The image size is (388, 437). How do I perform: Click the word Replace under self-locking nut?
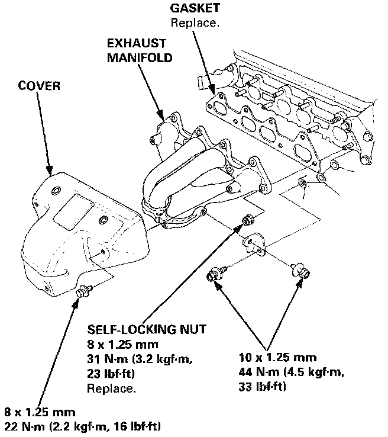(x=111, y=388)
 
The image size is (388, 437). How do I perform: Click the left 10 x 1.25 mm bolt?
(x=215, y=276)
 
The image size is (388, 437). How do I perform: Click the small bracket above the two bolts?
(x=254, y=244)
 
